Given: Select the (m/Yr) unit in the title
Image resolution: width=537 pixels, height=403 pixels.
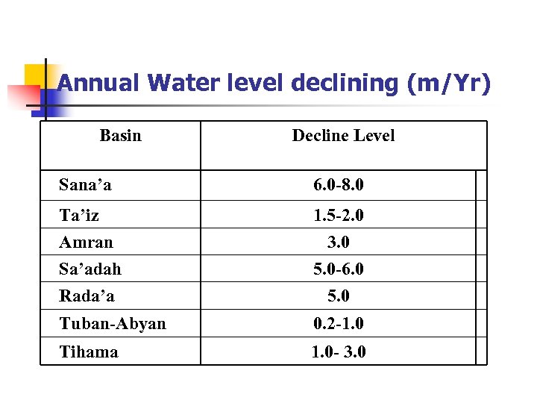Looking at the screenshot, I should (450, 83).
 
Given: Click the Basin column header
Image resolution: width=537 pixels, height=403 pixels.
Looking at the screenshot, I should (120, 135).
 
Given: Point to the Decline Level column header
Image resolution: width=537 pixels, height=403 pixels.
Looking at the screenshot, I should (343, 135).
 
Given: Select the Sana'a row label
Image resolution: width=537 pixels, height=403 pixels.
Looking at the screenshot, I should (85, 184).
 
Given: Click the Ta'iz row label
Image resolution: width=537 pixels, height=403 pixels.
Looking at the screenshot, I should (79, 216).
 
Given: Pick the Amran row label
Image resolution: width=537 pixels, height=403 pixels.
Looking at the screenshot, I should (87, 243).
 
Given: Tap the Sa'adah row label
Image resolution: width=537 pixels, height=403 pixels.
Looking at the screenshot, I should (90, 269).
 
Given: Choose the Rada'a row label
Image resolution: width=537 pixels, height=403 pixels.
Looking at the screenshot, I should (87, 296).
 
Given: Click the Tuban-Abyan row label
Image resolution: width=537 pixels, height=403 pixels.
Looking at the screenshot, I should (113, 324).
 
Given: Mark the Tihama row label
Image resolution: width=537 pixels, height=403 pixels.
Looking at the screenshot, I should (89, 352).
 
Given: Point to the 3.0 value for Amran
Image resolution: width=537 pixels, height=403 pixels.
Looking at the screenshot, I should (339, 243).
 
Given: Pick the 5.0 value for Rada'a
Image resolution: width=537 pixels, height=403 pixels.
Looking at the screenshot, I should (339, 296).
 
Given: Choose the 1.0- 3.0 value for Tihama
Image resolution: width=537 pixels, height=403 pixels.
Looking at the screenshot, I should (339, 352).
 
